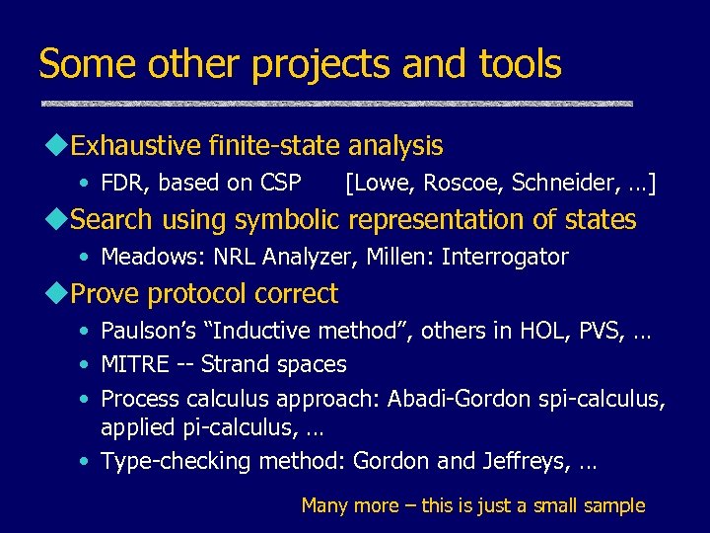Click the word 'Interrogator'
[x=505, y=258]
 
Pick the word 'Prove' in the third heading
[x=106, y=294]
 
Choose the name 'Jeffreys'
[x=524, y=461]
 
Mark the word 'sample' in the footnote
[x=612, y=506]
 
